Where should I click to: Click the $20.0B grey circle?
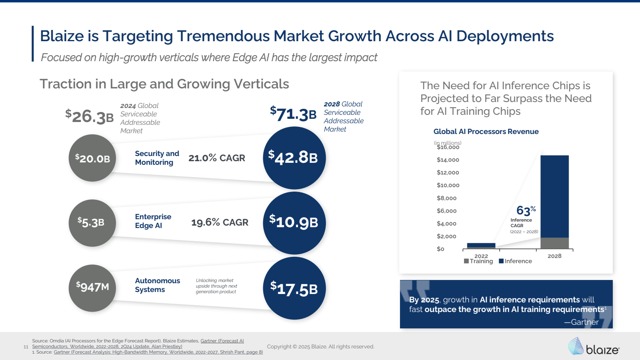pos(92,158)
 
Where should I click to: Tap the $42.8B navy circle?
pos(294,158)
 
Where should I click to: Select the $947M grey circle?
pos(92,288)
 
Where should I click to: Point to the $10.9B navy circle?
pos(294,223)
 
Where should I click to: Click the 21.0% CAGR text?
pos(217,158)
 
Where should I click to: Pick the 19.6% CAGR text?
pos(220,222)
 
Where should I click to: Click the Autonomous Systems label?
pos(157,285)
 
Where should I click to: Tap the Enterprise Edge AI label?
pos(153,221)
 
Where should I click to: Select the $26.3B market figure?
pos(90,116)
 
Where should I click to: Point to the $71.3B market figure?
pos(293,114)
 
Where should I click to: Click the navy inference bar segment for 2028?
pos(554,196)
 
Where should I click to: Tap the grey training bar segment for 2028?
pos(554,243)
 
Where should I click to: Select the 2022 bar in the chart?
pos(481,246)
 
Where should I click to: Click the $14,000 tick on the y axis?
pos(448,160)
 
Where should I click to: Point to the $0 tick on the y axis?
pos(440,249)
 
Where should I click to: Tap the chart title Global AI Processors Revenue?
pos(486,132)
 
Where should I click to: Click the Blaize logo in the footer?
pos(594,346)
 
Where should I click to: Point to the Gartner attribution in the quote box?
pos(582,322)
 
